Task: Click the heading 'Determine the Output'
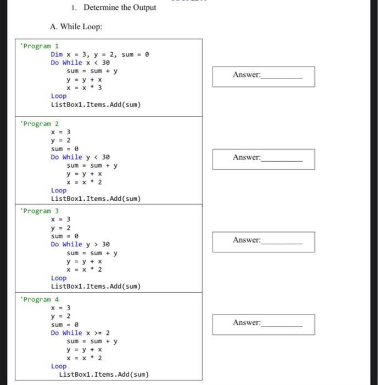(x=119, y=7)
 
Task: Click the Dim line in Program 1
(x=100, y=54)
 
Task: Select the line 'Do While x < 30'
(x=80, y=63)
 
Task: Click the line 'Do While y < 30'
(x=80, y=157)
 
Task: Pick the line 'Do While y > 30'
(x=80, y=244)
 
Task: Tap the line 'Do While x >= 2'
(x=80, y=333)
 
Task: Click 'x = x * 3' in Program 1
(x=84, y=87)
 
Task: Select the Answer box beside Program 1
(x=264, y=76)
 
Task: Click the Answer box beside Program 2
(x=264, y=159)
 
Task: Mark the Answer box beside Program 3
(x=264, y=241)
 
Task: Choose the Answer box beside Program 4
(x=264, y=324)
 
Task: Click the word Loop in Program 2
(x=59, y=190)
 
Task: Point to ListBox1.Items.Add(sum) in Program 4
(x=104, y=375)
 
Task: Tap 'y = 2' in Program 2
(x=60, y=140)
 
